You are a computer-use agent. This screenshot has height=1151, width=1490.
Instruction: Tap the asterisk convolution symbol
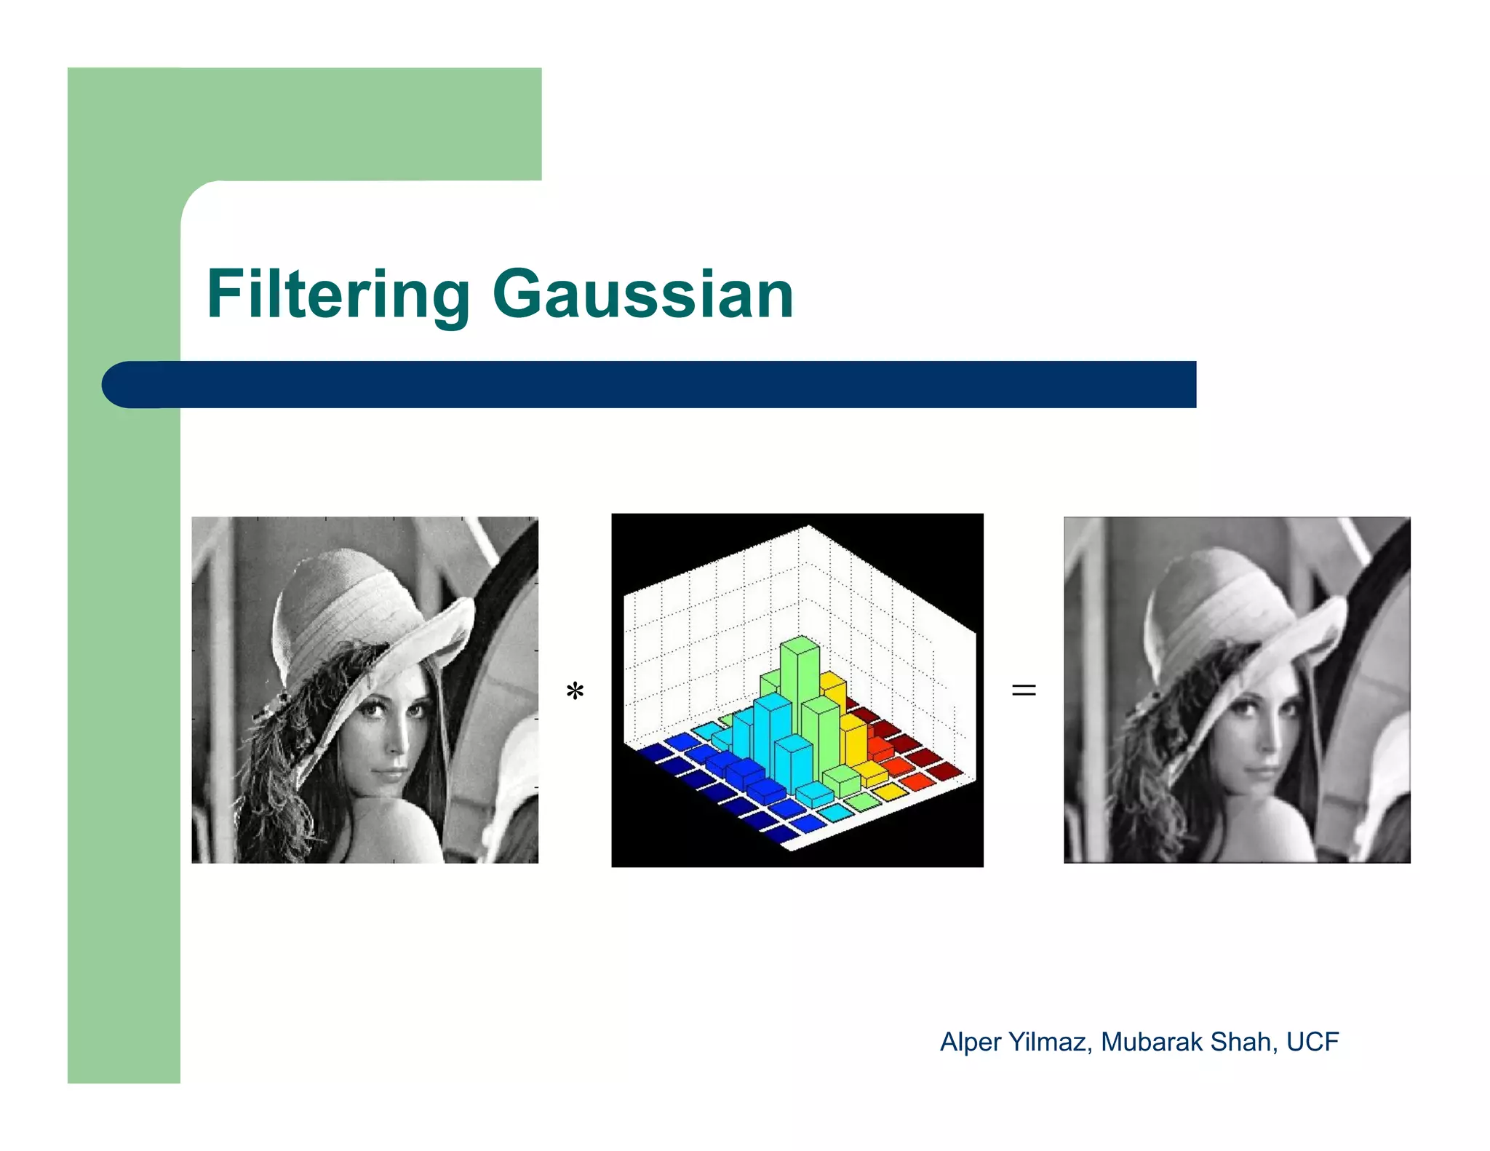click(575, 690)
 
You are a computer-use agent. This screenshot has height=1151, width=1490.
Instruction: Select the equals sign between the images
click(1023, 690)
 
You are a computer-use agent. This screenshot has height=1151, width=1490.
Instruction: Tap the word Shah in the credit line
click(1243, 1042)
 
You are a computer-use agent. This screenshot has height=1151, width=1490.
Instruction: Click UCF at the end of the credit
click(1312, 1042)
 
